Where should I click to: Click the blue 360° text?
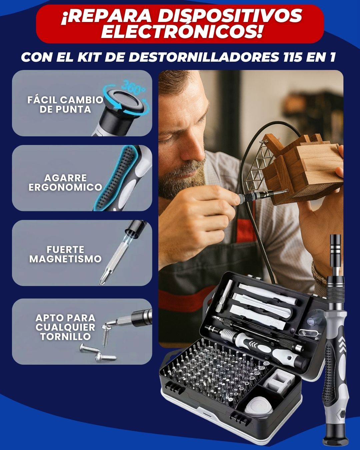133,87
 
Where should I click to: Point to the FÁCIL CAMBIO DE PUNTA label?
65,105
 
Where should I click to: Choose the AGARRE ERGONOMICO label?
65,183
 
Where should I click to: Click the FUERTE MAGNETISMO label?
65,254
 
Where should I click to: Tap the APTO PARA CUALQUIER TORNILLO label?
65,327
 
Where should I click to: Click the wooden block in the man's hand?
301,167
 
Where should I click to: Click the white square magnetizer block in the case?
278,381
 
